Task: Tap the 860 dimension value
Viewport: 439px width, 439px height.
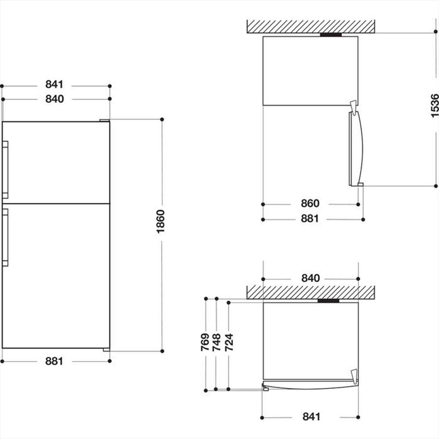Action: tap(310, 204)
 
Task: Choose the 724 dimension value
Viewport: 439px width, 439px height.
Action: tap(229, 343)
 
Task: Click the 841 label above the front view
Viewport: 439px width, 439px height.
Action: tap(54, 84)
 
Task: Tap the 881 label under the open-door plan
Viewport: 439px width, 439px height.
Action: tap(310, 219)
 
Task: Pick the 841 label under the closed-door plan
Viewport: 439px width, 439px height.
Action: tap(310, 417)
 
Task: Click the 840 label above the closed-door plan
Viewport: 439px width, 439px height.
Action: tap(310, 278)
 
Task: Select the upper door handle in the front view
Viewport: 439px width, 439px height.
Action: tap(5, 169)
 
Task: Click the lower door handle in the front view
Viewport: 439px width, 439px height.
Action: tap(5, 237)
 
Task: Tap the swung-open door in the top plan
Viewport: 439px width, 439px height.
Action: tap(356, 148)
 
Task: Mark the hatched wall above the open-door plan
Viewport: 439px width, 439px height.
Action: tap(310, 26)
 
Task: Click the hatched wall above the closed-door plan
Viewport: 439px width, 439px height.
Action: tap(310, 292)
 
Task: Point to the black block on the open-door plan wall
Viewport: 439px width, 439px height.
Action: tap(331, 34)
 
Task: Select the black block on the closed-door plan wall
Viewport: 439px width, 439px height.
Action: tap(328, 301)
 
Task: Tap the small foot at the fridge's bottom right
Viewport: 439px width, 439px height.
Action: tap(106, 350)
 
